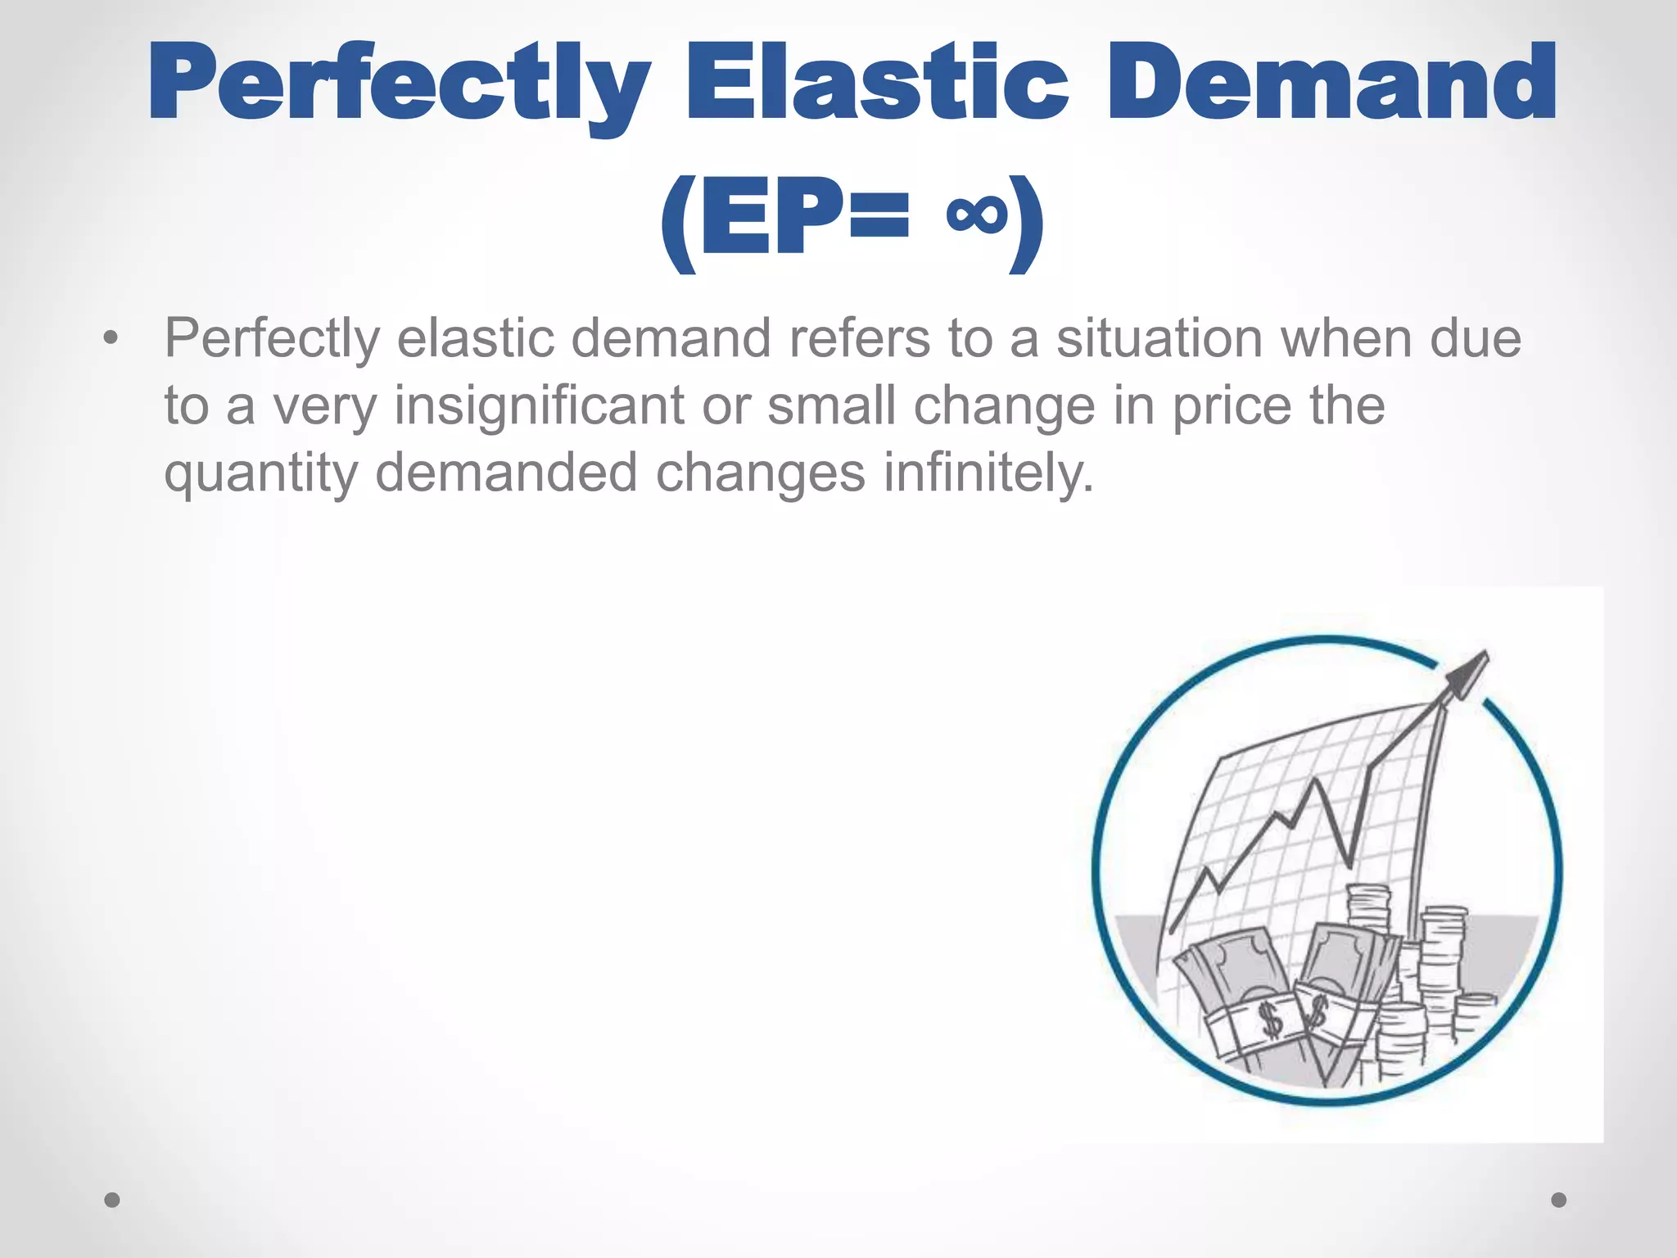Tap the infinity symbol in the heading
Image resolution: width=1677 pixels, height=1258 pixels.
975,215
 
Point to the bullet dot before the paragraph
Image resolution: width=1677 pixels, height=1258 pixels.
111,337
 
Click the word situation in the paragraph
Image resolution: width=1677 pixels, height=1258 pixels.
1159,337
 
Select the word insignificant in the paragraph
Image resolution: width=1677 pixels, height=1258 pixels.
539,405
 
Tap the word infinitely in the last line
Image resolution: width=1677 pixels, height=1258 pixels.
988,473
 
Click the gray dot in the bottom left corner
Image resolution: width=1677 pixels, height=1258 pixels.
112,1200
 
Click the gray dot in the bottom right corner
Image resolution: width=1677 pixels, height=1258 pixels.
1559,1200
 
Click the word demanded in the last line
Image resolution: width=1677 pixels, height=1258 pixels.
506,473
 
